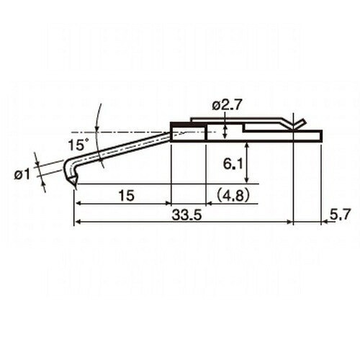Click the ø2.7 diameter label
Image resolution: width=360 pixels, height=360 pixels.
[226, 105]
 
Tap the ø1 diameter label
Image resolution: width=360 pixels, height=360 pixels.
[22, 174]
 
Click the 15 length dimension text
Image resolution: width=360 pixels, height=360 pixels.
[127, 196]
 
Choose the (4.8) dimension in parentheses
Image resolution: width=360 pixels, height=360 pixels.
[232, 196]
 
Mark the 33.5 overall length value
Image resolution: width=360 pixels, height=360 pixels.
[186, 216]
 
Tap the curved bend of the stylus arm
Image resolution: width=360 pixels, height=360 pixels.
[68, 165]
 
